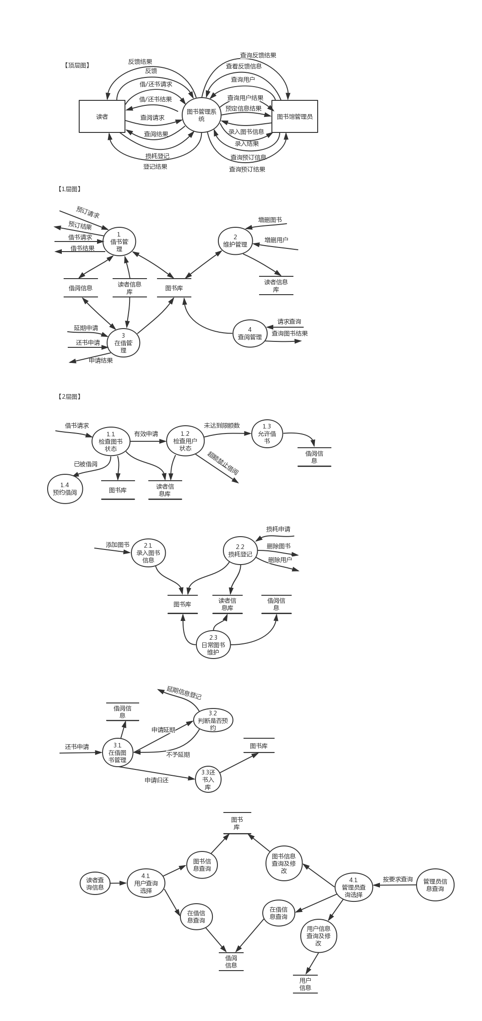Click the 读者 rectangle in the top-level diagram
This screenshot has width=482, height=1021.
(102, 116)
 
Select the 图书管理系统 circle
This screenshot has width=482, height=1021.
(201, 115)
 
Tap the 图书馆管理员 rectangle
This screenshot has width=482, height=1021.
(295, 116)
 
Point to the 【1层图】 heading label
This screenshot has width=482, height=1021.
(69, 189)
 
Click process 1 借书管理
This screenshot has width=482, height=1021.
(119, 242)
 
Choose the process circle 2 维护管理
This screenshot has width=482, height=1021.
(235, 241)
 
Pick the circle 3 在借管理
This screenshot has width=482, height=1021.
(123, 343)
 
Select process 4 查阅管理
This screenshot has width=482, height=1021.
(250, 333)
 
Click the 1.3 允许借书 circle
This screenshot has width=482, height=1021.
(267, 434)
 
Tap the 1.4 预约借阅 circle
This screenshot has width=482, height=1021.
(65, 489)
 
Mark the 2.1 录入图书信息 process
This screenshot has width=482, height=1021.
(148, 553)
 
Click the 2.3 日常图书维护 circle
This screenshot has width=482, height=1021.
(213, 644)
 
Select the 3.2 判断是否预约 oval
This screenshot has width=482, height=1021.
(213, 720)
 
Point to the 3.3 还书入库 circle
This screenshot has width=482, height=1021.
(208, 779)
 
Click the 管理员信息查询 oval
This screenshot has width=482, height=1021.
(435, 885)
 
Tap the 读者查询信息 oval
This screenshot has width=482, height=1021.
(95, 883)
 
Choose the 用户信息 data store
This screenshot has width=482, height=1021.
(305, 984)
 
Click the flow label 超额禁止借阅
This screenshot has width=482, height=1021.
(223, 463)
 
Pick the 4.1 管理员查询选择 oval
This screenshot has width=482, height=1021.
(353, 887)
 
